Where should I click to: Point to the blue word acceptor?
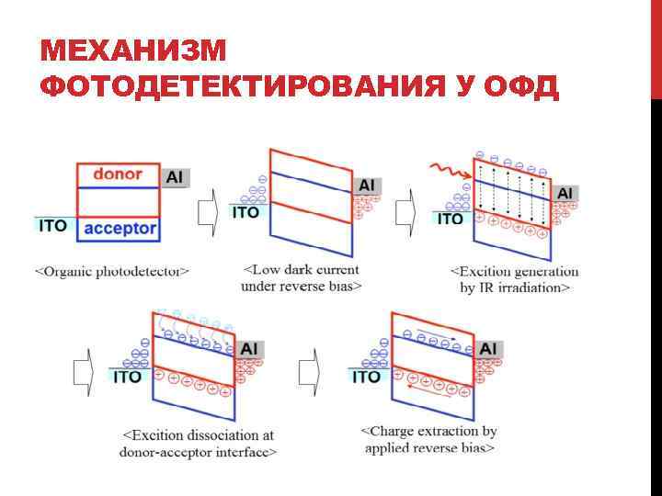pyautogui.click(x=118, y=228)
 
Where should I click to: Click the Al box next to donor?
pyautogui.click(x=175, y=176)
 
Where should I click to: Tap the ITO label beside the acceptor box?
pyautogui.click(x=53, y=225)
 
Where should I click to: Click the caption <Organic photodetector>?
pyautogui.click(x=112, y=271)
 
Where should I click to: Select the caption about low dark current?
pyautogui.click(x=301, y=277)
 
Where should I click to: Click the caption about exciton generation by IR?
pyautogui.click(x=515, y=279)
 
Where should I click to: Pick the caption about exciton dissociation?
pyautogui.click(x=198, y=443)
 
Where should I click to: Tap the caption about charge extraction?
pyautogui.click(x=429, y=439)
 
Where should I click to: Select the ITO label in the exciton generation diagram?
pyautogui.click(x=450, y=220)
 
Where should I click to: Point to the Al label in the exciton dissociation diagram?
pyautogui.click(x=249, y=348)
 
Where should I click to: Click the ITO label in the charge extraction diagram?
pyautogui.click(x=367, y=377)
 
